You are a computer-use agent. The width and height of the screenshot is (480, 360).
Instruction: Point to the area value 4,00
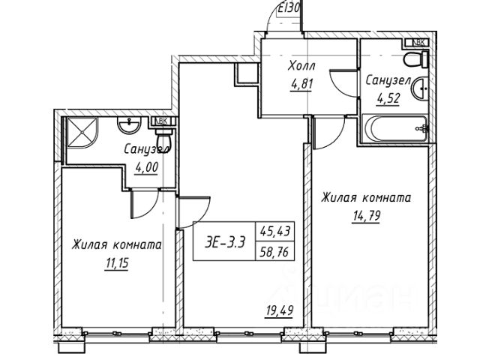(145, 167)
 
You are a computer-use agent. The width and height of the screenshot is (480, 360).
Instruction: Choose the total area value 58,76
(275, 253)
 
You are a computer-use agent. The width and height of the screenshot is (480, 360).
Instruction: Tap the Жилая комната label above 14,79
(365, 199)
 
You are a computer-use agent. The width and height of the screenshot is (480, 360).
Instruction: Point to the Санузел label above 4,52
(386, 79)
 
